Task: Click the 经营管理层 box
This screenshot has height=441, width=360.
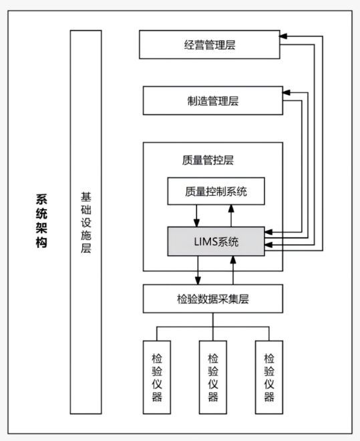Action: point(210,45)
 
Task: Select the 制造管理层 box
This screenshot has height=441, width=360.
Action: point(213,100)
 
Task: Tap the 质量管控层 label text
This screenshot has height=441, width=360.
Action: point(208,160)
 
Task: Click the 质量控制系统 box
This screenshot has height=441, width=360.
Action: point(216,191)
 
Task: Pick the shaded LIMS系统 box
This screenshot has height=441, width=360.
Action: point(216,241)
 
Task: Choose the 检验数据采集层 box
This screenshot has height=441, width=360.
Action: point(213,299)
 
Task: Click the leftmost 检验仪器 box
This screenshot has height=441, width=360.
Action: point(157,377)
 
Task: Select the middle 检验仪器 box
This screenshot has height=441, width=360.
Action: point(213,377)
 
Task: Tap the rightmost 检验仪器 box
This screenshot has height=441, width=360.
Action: point(269,377)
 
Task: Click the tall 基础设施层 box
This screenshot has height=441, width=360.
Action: point(85,222)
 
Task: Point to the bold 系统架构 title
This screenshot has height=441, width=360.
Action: point(41,220)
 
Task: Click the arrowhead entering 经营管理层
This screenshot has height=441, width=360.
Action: point(283,36)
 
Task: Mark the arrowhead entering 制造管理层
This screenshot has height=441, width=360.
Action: point(286,92)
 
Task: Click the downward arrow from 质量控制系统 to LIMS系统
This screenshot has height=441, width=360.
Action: point(196,216)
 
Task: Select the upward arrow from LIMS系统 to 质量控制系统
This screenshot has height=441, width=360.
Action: point(231,216)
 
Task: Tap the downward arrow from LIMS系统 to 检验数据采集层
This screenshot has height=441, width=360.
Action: point(198,270)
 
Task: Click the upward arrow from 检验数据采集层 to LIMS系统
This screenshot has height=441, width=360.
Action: point(233,270)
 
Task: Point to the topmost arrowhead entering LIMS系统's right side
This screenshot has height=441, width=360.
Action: point(268,232)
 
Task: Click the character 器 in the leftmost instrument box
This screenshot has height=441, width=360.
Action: point(157,396)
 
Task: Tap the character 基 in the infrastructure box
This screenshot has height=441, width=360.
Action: point(85,197)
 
